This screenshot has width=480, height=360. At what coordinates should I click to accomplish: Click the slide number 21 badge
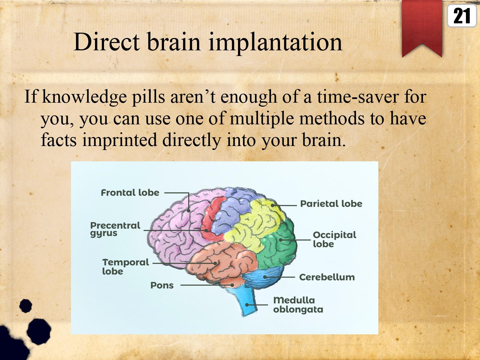(462, 16)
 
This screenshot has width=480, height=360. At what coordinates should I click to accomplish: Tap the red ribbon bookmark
(422, 27)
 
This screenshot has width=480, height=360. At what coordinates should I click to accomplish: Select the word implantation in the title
(275, 43)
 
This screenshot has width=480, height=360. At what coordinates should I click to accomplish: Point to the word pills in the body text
(148, 96)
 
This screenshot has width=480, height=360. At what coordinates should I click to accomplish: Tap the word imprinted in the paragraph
(119, 140)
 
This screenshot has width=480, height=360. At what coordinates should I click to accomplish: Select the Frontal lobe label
(130, 193)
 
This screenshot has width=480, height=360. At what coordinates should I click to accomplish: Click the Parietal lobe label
(331, 204)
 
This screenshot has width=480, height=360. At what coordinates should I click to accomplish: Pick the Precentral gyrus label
(115, 229)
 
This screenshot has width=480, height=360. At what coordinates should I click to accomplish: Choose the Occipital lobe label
(334, 239)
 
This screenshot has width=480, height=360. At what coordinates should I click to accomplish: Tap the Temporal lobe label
(126, 267)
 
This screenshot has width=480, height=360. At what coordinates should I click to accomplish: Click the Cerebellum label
(327, 277)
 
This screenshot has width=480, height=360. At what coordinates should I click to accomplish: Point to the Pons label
(162, 285)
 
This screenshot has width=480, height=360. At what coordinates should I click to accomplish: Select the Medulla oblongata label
(298, 305)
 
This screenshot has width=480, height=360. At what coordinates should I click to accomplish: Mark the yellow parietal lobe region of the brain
(256, 223)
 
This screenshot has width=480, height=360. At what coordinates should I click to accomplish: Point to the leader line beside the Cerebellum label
(280, 277)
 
